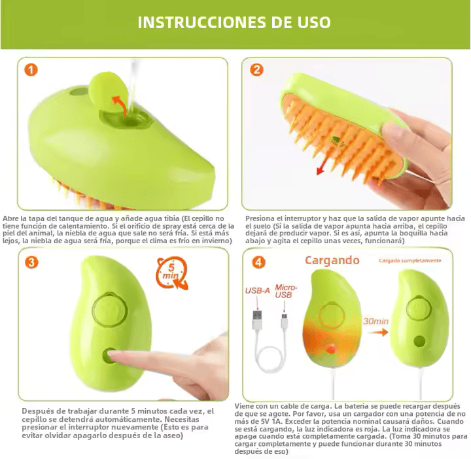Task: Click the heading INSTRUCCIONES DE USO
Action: point(234,22)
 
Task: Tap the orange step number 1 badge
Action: point(31,70)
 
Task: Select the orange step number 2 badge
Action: point(256,70)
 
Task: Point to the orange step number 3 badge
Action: point(31,262)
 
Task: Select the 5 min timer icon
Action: point(171,273)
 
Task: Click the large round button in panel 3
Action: point(109,307)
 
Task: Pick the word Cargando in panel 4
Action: point(332,260)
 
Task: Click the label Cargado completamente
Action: point(410,261)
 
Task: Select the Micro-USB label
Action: point(285,292)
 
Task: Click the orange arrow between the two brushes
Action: point(375,331)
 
